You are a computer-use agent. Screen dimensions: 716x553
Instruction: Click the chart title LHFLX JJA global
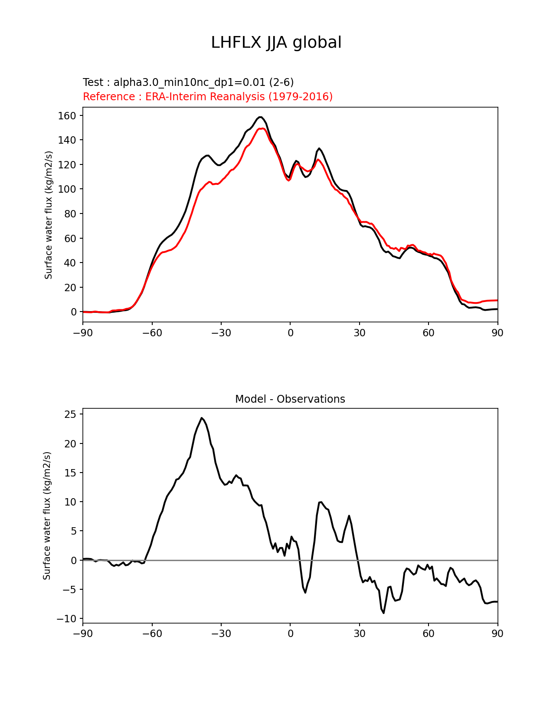[x=276, y=43]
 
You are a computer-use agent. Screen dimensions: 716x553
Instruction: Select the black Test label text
[x=188, y=82]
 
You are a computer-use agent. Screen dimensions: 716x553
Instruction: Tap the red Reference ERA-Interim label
[x=208, y=96]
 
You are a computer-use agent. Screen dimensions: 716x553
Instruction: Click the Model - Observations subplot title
[x=290, y=399]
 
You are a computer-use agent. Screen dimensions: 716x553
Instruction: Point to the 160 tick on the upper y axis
[x=67, y=115]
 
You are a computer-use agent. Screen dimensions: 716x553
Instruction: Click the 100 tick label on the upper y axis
[x=67, y=189]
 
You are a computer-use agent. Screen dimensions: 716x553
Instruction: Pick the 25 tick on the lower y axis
[x=70, y=414]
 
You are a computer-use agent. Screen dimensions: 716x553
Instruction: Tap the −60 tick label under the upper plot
[x=152, y=333]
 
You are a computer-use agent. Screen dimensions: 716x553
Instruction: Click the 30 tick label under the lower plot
[x=359, y=634]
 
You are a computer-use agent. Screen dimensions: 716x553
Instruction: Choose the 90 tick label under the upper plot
[x=497, y=333]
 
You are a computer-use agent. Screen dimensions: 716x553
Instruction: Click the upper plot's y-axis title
[x=49, y=215]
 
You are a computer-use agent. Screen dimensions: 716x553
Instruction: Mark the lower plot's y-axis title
[x=47, y=516]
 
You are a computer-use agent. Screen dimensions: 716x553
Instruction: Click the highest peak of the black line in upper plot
[x=260, y=117]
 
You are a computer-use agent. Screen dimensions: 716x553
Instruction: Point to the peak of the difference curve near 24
[x=202, y=418]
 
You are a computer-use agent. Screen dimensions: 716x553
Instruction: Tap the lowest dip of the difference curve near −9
[x=383, y=613]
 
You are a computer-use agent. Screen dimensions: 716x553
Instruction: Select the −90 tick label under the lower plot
[x=83, y=634]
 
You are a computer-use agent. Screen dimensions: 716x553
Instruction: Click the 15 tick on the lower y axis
[x=70, y=473]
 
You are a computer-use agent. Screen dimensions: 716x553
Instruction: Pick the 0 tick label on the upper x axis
[x=290, y=333]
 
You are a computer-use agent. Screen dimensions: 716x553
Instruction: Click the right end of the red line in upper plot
[x=497, y=300]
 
